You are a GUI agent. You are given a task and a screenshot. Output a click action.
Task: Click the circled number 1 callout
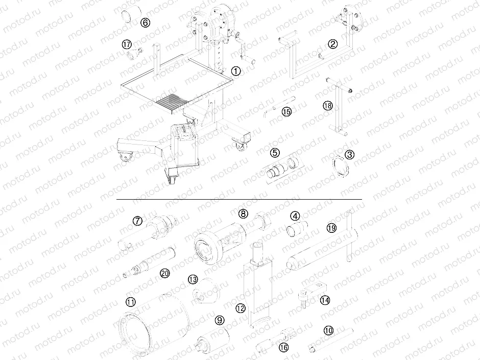[x=235, y=71]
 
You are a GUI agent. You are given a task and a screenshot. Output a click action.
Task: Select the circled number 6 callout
[x=145, y=22]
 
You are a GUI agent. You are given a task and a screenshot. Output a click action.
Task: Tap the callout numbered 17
[x=127, y=44]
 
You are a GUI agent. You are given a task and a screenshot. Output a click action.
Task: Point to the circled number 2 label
[x=332, y=44]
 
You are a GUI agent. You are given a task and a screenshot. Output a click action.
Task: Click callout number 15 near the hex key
[x=286, y=111]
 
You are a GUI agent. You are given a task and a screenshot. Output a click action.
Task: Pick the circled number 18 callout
[x=327, y=106]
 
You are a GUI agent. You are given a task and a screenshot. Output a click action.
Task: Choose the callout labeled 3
[x=349, y=154]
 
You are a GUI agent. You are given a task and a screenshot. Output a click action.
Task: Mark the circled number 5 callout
[x=275, y=152]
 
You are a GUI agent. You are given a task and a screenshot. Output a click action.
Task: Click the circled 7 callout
[x=137, y=221]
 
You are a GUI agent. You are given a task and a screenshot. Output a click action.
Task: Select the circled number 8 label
[x=243, y=213]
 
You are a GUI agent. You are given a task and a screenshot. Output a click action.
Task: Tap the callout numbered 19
[x=331, y=228]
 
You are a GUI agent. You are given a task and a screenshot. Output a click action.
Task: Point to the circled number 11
[x=131, y=302]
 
